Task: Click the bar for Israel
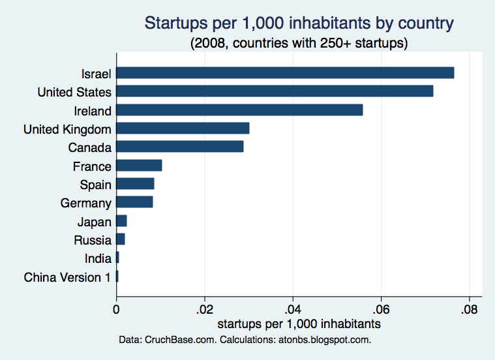tap(286, 72)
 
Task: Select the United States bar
tap(275, 91)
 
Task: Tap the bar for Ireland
tap(239, 110)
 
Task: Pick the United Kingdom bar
tap(183, 128)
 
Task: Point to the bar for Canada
tap(180, 147)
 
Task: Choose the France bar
tap(139, 166)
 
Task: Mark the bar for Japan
tap(121, 221)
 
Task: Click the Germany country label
tap(86, 203)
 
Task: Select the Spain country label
tap(96, 185)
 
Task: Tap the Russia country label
tap(93, 240)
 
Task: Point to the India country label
tap(98, 259)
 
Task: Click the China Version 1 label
tap(67, 277)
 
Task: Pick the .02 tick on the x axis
tap(205, 310)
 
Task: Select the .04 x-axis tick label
tap(293, 310)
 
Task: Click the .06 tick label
tap(381, 310)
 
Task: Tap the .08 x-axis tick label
tap(469, 310)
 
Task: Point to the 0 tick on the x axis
tap(116, 310)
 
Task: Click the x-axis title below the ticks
tap(299, 324)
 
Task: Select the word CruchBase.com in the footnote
tap(181, 340)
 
